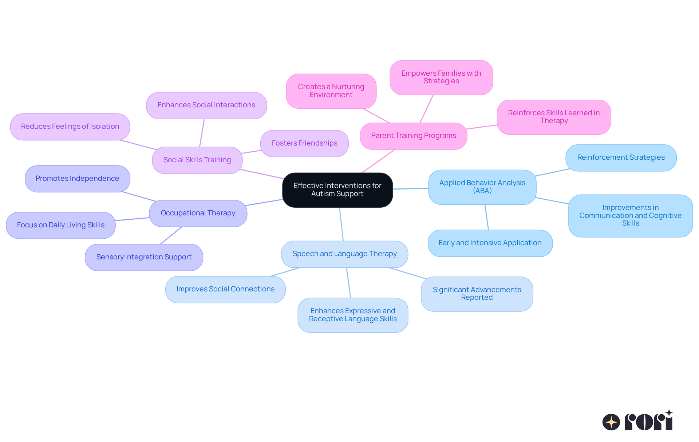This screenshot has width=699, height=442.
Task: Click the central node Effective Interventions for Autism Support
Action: [x=337, y=190]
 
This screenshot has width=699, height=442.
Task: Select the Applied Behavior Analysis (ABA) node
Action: [x=482, y=187]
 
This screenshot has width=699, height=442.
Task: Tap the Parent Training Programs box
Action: [x=413, y=136]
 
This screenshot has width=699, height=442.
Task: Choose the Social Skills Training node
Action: [x=197, y=160]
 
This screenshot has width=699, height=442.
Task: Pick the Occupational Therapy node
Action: [x=198, y=213]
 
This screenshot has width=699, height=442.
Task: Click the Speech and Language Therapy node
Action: [x=344, y=254]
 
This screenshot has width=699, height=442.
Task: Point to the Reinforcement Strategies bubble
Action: [x=621, y=158]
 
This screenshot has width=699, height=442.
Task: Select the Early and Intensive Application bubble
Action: [x=490, y=243]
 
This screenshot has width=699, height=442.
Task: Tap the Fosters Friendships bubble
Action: [x=304, y=143]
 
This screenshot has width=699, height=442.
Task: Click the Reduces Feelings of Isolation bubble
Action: [x=70, y=127]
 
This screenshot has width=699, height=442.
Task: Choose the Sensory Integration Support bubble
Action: [x=144, y=257]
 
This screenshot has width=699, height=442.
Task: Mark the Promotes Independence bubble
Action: [x=77, y=179]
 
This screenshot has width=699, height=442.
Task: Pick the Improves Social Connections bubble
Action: [x=225, y=289]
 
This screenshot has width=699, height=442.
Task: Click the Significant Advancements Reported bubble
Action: [x=477, y=294]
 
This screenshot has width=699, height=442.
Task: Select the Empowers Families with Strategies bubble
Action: [x=441, y=77]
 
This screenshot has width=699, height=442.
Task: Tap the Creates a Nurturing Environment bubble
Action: [x=331, y=91]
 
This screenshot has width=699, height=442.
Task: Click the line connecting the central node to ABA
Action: [x=411, y=188]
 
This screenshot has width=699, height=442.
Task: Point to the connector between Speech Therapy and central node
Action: [x=341, y=224]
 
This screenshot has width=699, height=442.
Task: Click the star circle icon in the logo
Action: [x=611, y=422]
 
